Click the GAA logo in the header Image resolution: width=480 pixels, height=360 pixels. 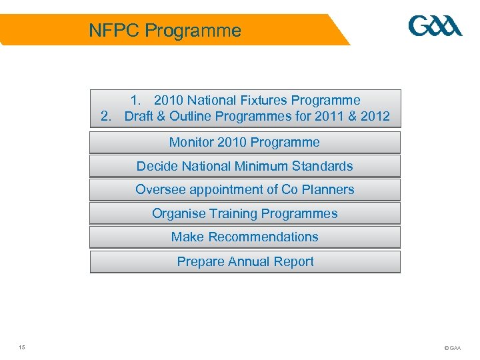tap(435, 27)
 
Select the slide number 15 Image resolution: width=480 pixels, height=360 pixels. tap(22, 347)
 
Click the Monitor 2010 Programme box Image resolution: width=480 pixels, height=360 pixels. tap(245, 143)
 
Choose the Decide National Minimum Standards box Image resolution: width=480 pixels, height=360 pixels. tap(245, 166)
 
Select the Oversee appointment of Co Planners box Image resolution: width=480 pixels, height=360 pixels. tap(245, 190)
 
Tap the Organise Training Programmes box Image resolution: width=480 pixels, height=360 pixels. tap(245, 214)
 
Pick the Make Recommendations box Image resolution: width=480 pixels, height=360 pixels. tap(245, 237)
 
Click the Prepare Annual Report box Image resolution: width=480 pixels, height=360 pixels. tap(245, 262)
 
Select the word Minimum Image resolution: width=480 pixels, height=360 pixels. tap(266, 166)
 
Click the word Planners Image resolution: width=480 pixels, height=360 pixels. tap(327, 190)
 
